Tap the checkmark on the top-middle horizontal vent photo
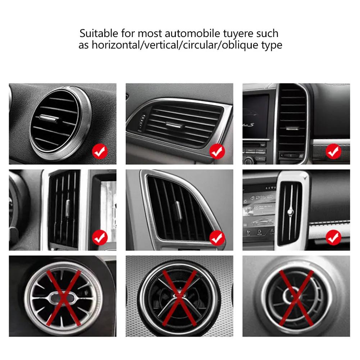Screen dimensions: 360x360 [x=217, y=152]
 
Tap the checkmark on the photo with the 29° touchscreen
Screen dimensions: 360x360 [x=333, y=237]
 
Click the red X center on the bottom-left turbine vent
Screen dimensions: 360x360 [x=62, y=297]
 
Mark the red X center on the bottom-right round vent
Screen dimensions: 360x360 [x=296, y=298]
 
